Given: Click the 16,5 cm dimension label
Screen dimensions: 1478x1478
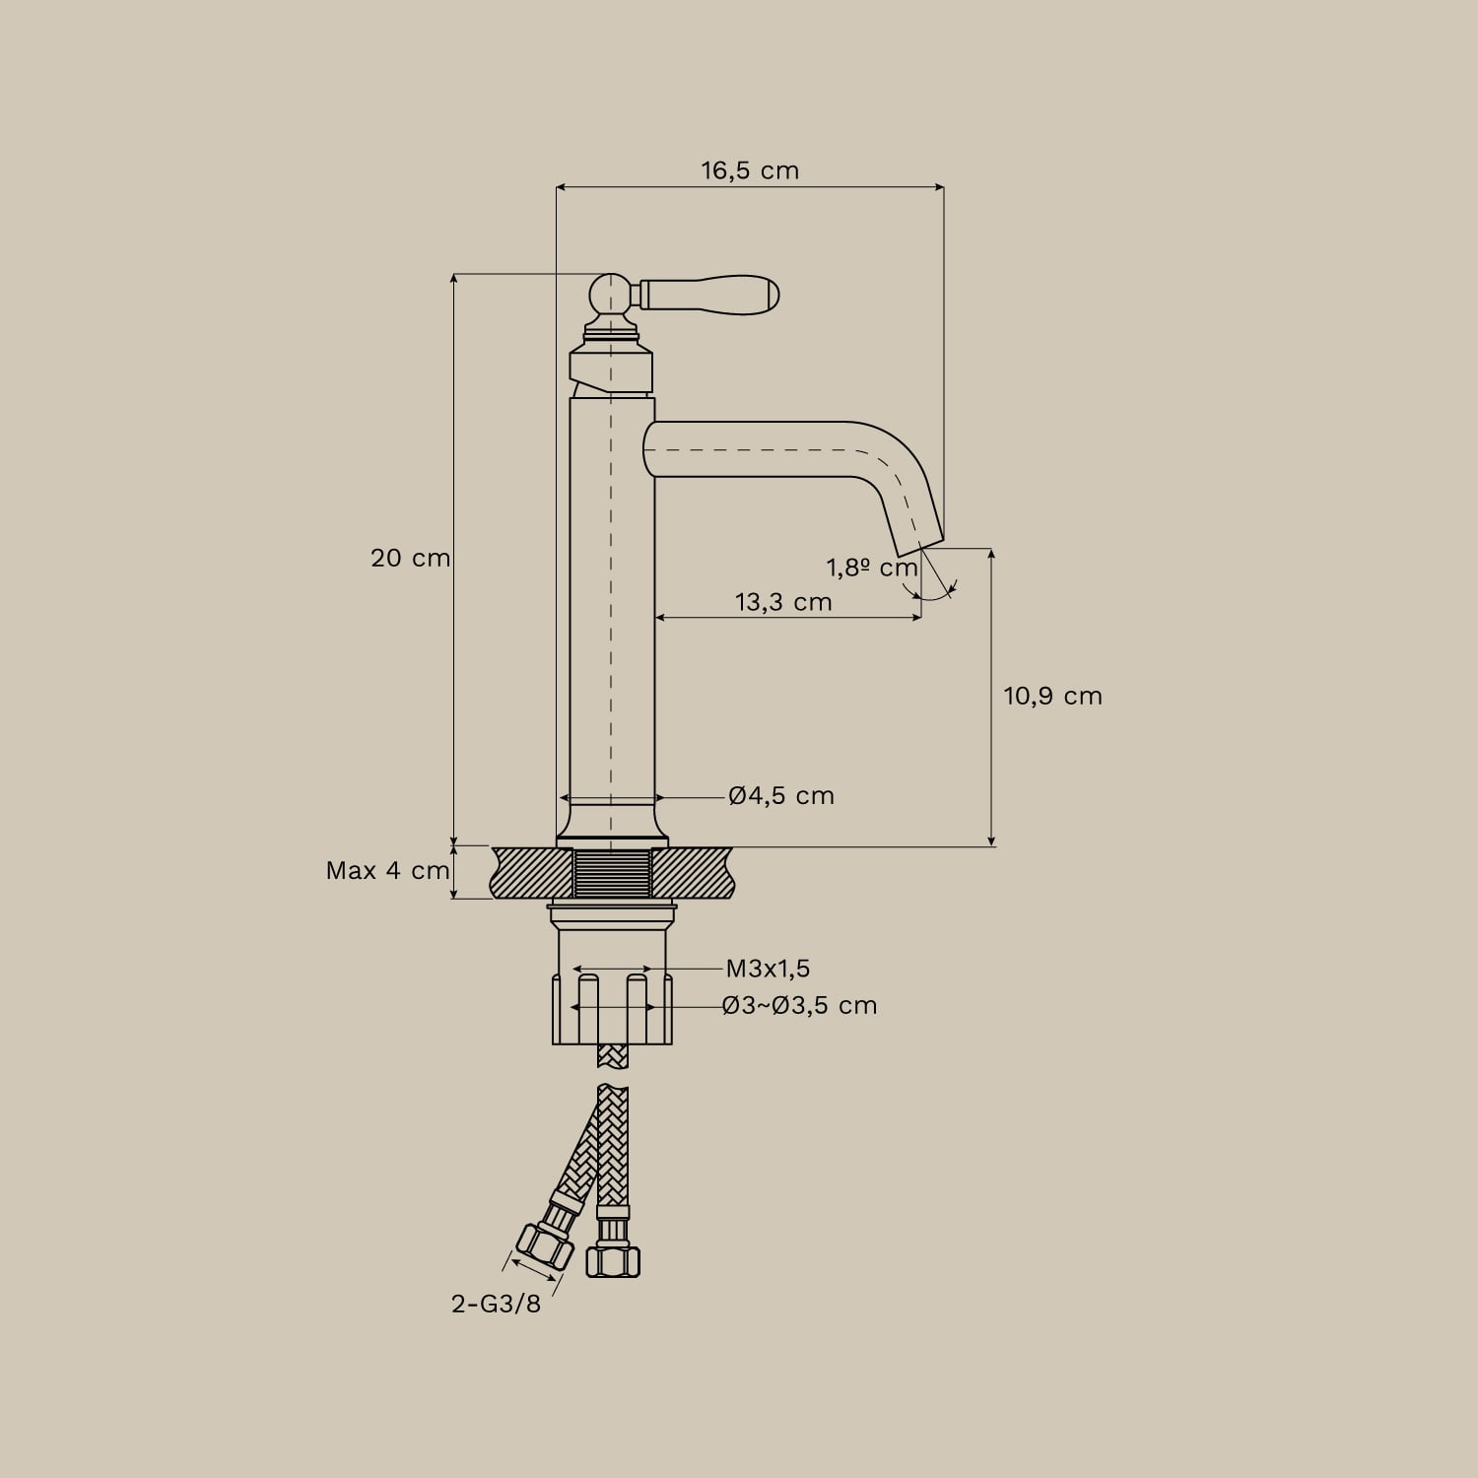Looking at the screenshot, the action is pyautogui.click(x=750, y=170).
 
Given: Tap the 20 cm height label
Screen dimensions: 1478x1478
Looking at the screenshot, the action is pyautogui.click(x=410, y=558).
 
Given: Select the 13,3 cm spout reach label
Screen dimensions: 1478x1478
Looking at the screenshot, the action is pyautogui.click(x=783, y=602).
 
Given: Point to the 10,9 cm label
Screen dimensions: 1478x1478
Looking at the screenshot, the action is pyautogui.click(x=1052, y=696).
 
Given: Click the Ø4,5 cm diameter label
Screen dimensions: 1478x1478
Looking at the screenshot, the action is pyautogui.click(x=781, y=795).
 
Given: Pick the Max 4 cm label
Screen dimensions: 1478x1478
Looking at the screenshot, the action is pyautogui.click(x=388, y=871).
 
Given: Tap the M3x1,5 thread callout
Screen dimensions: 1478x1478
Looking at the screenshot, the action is pyautogui.click(x=768, y=969).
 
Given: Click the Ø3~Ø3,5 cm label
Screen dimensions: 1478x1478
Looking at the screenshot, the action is pyautogui.click(x=799, y=1005).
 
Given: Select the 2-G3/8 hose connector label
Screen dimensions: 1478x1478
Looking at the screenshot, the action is pyautogui.click(x=497, y=1304).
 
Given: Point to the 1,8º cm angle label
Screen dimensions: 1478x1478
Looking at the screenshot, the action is pyautogui.click(x=872, y=569).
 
